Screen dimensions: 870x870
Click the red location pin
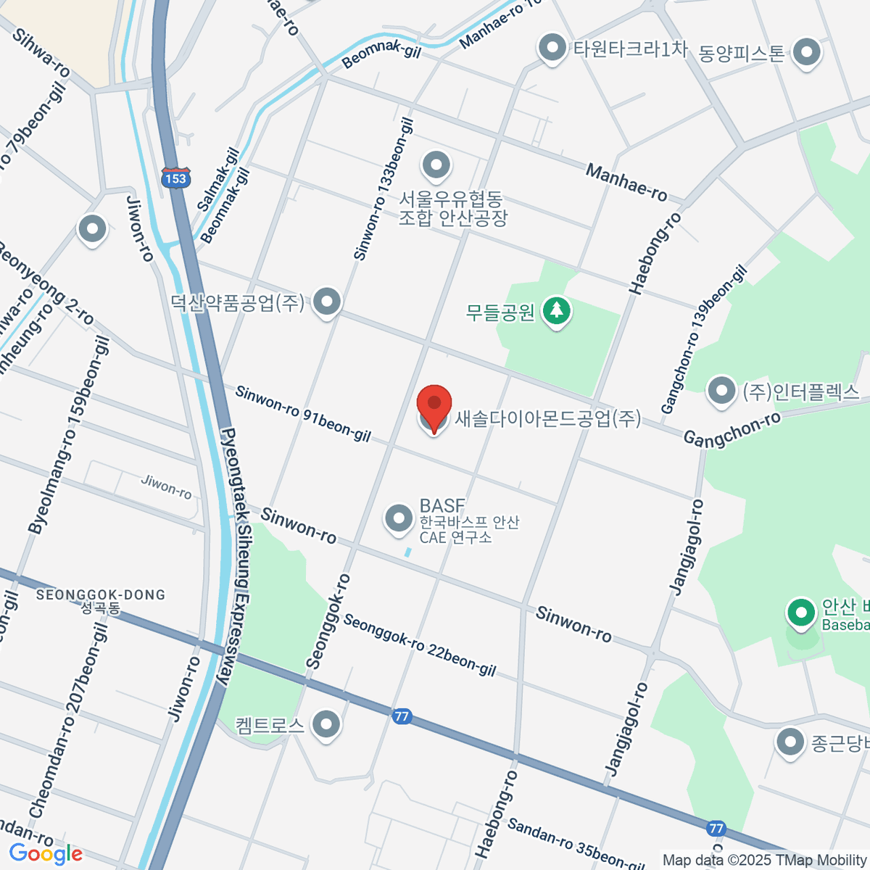434,406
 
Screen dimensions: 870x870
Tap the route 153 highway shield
175,178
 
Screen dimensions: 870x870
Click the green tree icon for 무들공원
556,311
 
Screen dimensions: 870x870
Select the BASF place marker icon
398,518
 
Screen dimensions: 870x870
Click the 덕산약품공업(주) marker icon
327,301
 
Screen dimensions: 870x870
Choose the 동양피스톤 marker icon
806,52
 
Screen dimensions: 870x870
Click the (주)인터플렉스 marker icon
721,391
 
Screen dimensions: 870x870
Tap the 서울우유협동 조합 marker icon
436,165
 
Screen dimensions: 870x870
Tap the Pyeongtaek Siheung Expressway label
236,558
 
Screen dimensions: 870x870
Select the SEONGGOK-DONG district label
101,595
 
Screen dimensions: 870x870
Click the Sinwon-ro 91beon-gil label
303,414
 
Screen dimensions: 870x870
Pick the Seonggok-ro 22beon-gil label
419,645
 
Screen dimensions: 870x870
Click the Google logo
45,854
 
